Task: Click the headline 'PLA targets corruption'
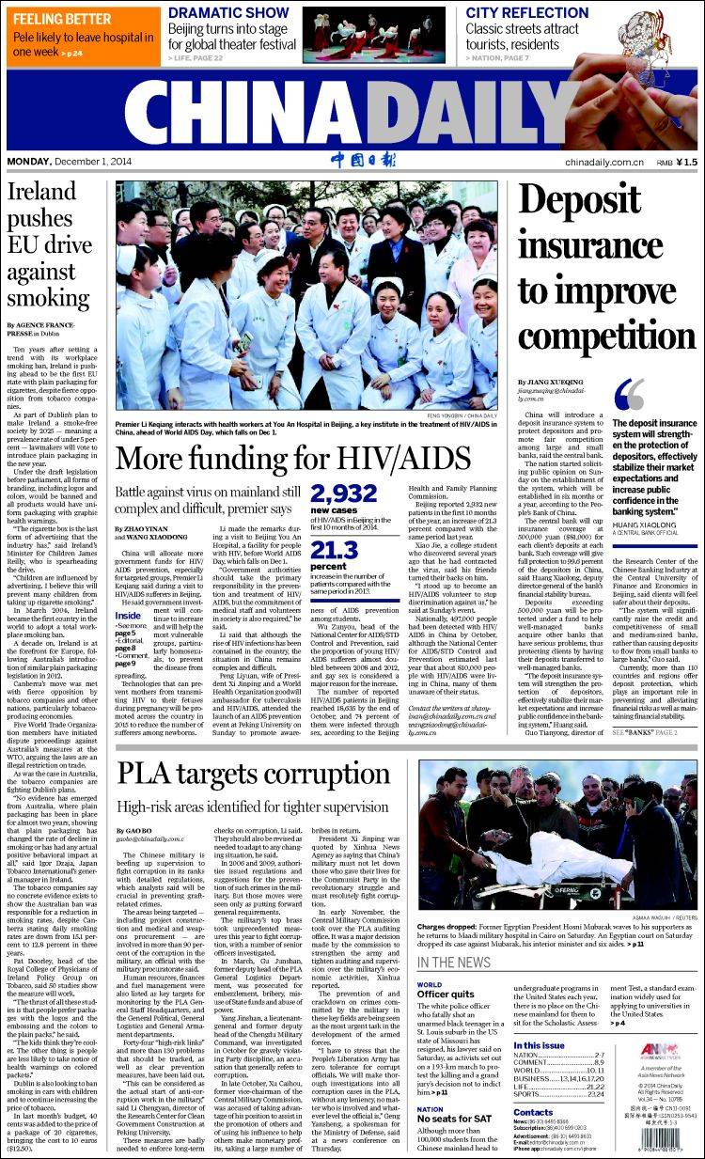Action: click(240, 773)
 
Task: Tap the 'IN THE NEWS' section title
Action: click(453, 963)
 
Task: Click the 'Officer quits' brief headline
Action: click(446, 993)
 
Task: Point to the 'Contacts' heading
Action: click(533, 1112)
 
